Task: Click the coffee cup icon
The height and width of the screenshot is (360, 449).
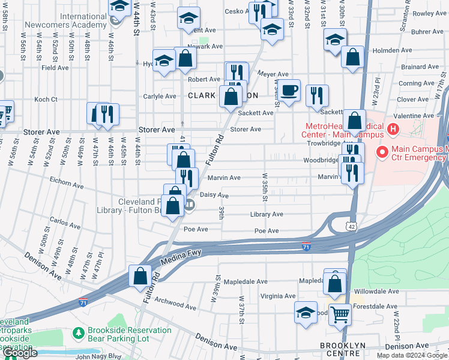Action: [x=289, y=90]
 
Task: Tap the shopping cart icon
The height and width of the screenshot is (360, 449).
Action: [x=340, y=313]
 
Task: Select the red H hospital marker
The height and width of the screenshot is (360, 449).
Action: [x=393, y=128]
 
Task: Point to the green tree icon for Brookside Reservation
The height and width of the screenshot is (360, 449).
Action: [x=77, y=332]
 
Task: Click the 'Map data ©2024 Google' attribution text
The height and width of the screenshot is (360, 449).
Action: [x=411, y=355]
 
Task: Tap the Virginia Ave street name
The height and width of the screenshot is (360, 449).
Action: [x=277, y=296]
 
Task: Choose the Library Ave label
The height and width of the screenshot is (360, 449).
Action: [x=267, y=214]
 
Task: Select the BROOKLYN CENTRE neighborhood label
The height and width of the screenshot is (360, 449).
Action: [x=348, y=346]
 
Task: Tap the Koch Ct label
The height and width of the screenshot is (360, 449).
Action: [x=46, y=99]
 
